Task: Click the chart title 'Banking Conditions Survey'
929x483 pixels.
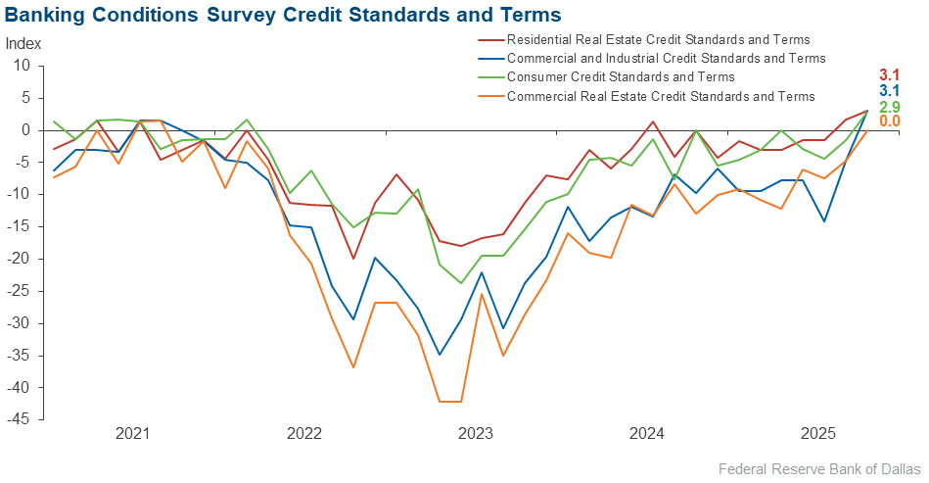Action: pyautogui.click(x=283, y=16)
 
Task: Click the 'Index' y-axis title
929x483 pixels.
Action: pyautogui.click(x=23, y=44)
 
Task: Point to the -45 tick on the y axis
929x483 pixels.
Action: pyautogui.click(x=20, y=419)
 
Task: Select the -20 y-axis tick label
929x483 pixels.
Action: pyautogui.click(x=20, y=259)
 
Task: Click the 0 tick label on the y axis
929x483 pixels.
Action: pyautogui.click(x=27, y=130)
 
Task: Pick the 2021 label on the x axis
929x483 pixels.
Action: pyautogui.click(x=131, y=433)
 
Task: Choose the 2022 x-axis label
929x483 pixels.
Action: pyautogui.click(x=303, y=433)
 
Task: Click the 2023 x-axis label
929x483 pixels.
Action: pyautogui.click(x=476, y=433)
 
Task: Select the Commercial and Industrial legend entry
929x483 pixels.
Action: pyautogui.click(x=666, y=59)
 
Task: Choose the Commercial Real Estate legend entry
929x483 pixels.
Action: pyautogui.click(x=661, y=96)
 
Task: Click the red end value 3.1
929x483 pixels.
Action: pyautogui.click(x=888, y=75)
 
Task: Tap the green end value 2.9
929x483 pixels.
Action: pyautogui.click(x=888, y=107)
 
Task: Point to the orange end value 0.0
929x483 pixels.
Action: pyautogui.click(x=888, y=121)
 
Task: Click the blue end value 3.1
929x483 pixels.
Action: pyautogui.click(x=888, y=91)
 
